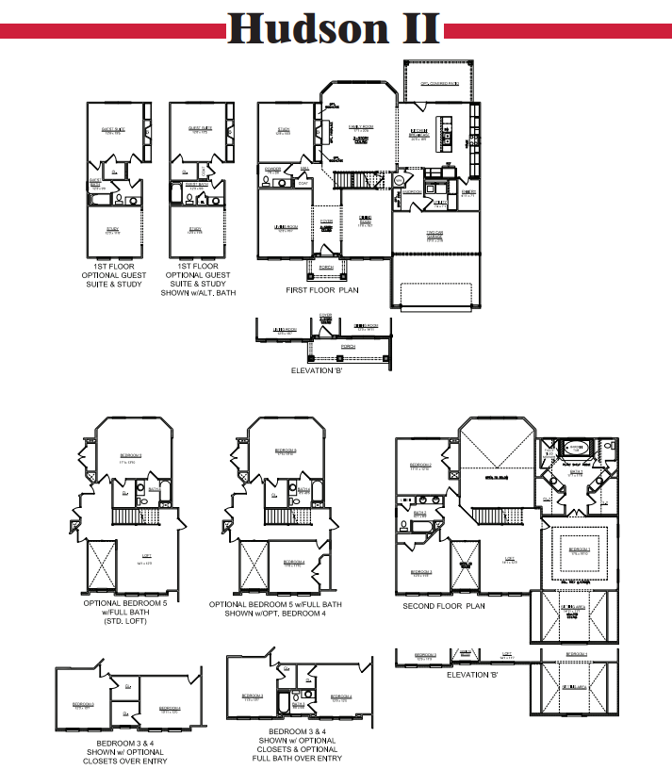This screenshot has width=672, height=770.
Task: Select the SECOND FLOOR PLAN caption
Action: [444, 606]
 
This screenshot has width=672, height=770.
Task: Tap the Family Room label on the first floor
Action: [358, 126]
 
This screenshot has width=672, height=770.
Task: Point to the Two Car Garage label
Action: [434, 237]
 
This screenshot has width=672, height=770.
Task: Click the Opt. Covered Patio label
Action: [438, 83]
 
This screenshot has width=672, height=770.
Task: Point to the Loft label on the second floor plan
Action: [509, 558]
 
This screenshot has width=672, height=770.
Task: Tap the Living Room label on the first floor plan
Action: [286, 226]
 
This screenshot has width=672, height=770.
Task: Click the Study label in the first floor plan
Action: [283, 131]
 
